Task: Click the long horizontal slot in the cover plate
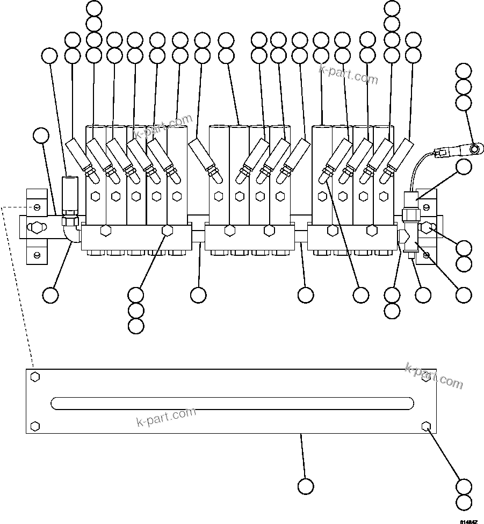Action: tap(232, 403)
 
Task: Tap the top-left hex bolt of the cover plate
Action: tap(35, 376)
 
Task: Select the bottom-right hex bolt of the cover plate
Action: tap(427, 426)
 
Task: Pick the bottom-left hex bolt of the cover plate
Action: tap(35, 426)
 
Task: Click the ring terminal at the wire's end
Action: tap(474, 147)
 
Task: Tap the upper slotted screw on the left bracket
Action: tap(36, 207)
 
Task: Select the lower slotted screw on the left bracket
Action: tap(36, 254)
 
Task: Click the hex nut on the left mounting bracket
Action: tap(35, 228)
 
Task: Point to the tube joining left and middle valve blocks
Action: tap(198, 236)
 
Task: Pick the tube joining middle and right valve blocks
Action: tap(301, 236)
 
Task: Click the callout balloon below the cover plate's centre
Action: tap(305, 486)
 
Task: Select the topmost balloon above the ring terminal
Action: tap(463, 71)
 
